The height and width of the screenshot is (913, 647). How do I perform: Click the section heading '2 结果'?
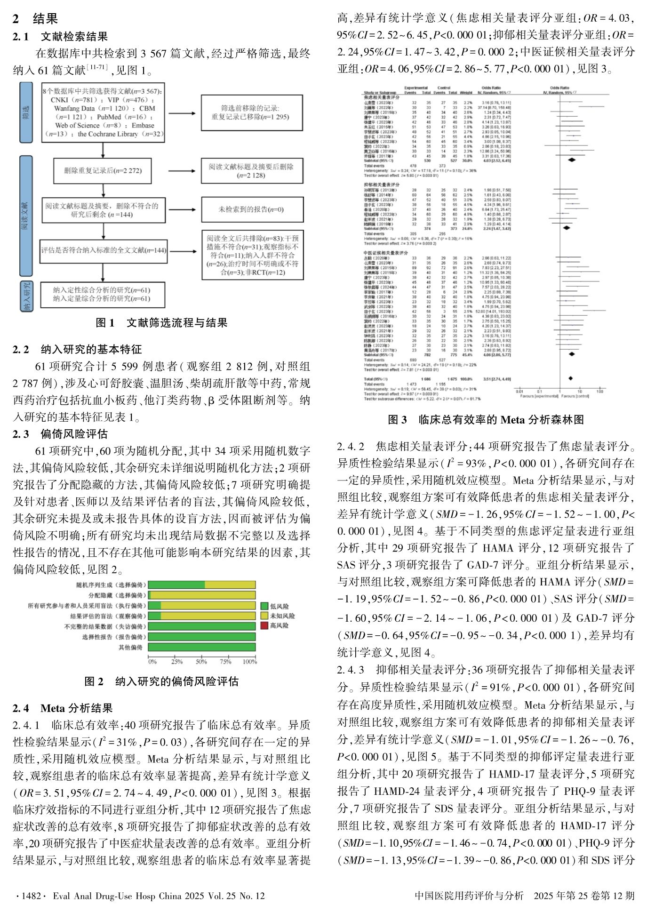pos(35,19)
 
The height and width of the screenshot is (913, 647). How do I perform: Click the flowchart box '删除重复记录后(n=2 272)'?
pos(103,171)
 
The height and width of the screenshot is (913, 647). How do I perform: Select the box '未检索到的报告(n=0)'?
pos(252,209)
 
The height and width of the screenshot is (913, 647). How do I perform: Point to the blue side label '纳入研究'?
pos(26,296)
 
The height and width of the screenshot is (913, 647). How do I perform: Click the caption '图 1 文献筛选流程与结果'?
pos(161,323)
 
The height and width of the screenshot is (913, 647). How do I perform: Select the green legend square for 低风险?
pos(264,606)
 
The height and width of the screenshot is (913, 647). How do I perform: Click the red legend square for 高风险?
pos(264,625)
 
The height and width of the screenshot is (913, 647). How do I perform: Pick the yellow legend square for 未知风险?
pos(264,616)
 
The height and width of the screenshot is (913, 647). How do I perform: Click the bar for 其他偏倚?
pos(202,647)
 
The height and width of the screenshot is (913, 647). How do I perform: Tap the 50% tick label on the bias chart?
pos(201,661)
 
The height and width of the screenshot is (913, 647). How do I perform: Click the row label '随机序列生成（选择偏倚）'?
pos(111,585)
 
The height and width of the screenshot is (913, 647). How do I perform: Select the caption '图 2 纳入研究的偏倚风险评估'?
pos(161,681)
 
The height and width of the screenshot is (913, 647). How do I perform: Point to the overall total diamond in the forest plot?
pos(570,378)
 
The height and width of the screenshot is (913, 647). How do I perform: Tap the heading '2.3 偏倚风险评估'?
pos(60,434)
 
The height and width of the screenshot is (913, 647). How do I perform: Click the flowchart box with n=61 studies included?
pos(103,295)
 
